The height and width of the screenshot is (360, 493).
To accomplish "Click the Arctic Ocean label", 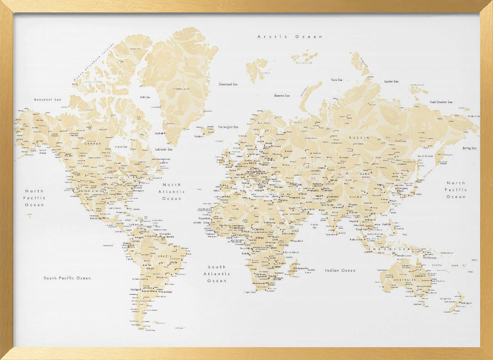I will pos(290,36).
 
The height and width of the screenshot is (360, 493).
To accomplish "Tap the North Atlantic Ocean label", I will pos(172,191).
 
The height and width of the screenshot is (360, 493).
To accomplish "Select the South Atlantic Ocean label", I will pos(217,274).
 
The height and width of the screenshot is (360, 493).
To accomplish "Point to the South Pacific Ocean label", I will pos(67,278).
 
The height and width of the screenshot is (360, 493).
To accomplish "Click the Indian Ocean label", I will pos(340,270).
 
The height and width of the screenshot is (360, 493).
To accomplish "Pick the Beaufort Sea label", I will pos(47,100).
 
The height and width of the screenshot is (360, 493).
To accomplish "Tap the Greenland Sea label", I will pos(228,84).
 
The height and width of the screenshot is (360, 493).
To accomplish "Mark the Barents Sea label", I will pos(282,96).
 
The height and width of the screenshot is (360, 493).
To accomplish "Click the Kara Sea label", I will pos(337,79).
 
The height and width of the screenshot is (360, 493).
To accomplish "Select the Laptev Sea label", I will pos(391,81).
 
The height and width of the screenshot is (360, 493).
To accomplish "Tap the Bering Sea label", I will pos(469,148).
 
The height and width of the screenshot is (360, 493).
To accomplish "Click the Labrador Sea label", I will pos(163,149).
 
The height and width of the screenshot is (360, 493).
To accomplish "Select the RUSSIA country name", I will pos(359,138).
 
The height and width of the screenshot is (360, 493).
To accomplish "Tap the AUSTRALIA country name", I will pos(404,281).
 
